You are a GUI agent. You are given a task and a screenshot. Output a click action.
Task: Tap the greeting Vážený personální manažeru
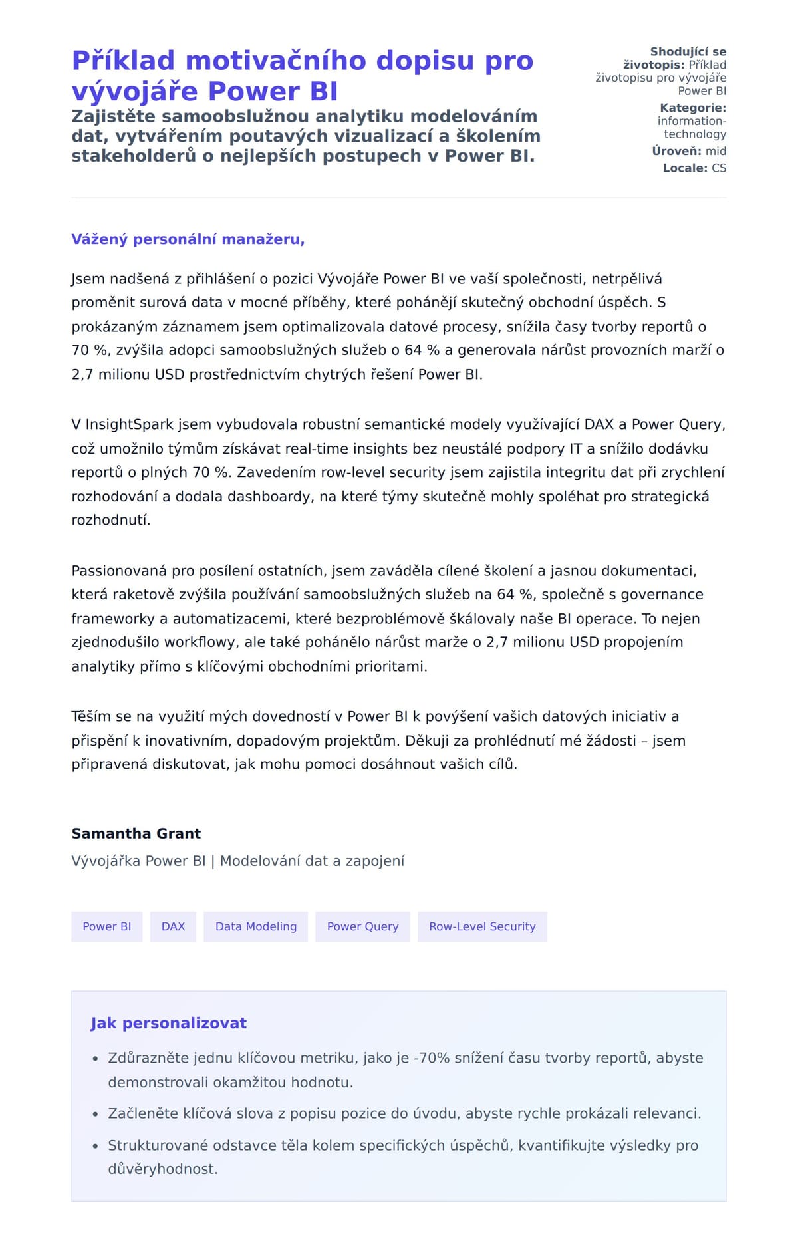[188, 239]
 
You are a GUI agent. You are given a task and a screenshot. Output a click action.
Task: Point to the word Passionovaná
[119, 571]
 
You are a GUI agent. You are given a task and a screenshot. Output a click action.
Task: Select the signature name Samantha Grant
[136, 833]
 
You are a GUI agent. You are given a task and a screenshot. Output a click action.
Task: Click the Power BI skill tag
[107, 926]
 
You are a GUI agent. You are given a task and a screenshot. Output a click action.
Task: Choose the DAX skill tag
[173, 926]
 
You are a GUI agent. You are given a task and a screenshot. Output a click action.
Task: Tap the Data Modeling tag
[256, 926]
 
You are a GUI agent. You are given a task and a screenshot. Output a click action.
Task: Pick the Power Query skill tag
[362, 926]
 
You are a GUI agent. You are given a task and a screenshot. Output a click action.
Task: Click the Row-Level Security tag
[482, 926]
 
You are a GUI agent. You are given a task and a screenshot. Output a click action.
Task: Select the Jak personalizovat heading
[168, 1023]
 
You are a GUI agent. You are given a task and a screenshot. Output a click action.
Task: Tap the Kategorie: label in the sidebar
[693, 108]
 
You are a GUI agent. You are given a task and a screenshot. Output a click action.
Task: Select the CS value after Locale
[719, 168]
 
